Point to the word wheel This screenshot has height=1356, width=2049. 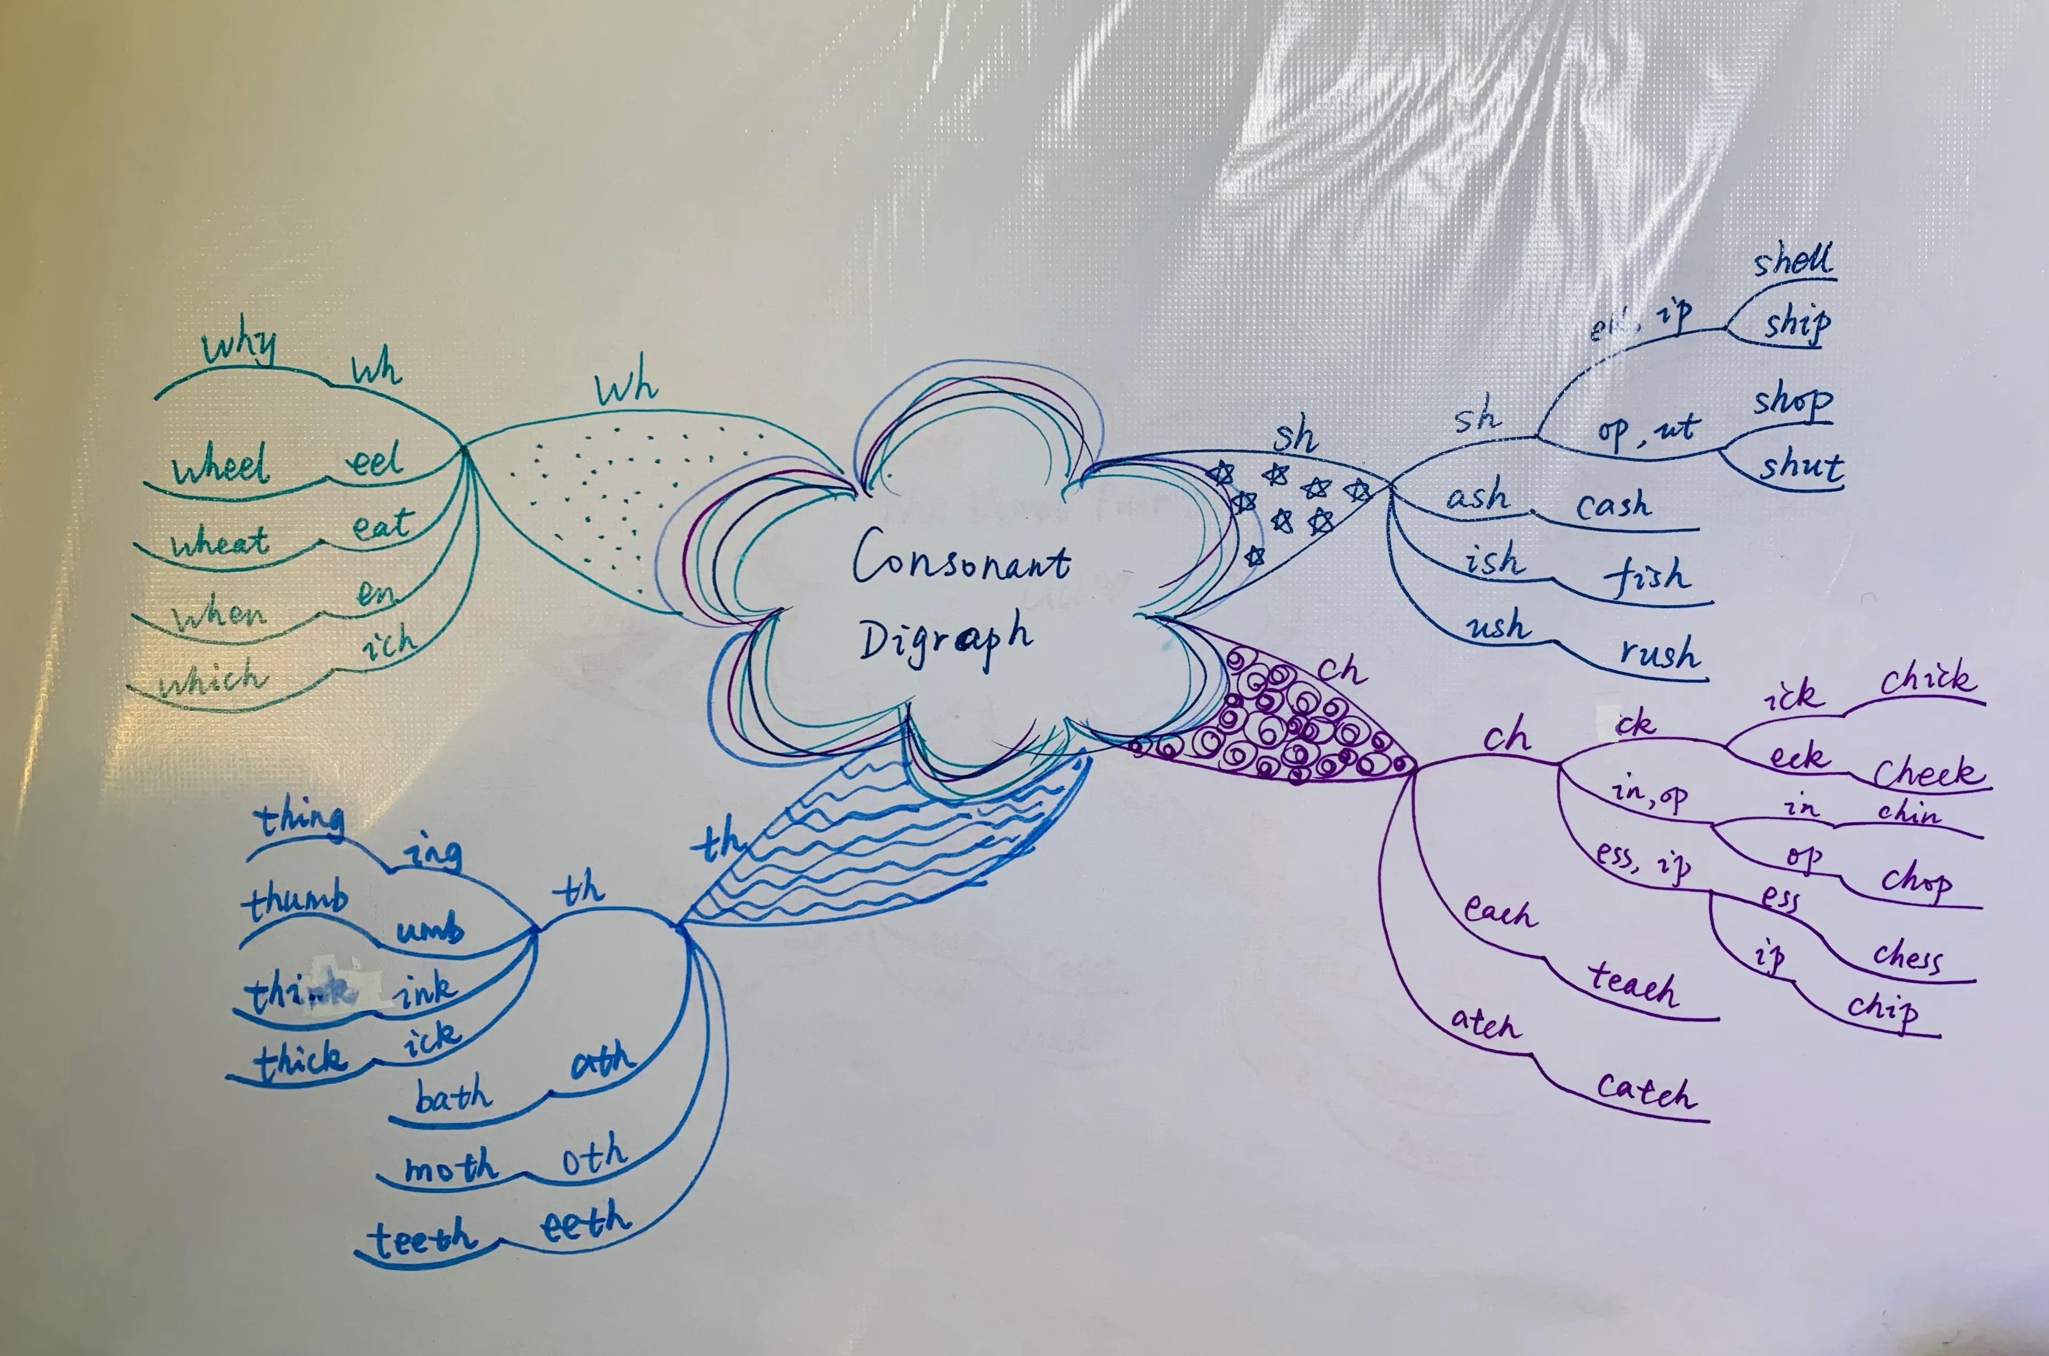(220, 468)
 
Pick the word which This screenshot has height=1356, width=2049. (212, 679)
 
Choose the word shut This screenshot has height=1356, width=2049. (1801, 467)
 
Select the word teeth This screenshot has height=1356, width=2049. (424, 1239)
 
